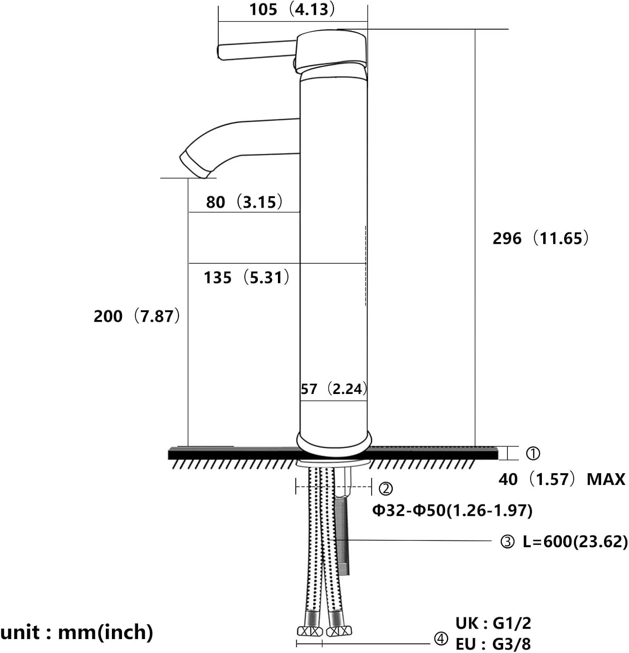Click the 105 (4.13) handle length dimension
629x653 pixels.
click(x=292, y=9)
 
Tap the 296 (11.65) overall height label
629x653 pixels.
click(x=541, y=238)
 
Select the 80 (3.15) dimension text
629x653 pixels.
click(x=244, y=202)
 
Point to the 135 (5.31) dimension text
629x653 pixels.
click(x=247, y=277)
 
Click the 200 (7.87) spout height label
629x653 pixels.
click(x=137, y=316)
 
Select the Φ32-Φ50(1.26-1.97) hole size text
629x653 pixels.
click(x=452, y=510)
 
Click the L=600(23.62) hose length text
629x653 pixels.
click(x=575, y=542)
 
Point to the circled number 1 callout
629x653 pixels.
click(x=533, y=454)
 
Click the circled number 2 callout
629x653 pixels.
click(x=386, y=489)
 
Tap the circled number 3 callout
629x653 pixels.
click(x=507, y=542)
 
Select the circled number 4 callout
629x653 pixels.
click(x=441, y=639)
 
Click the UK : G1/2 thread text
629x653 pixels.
click(x=493, y=623)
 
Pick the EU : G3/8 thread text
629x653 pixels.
click(x=493, y=644)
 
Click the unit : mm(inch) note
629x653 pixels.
click(x=77, y=632)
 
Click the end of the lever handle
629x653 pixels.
click(x=221, y=52)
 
